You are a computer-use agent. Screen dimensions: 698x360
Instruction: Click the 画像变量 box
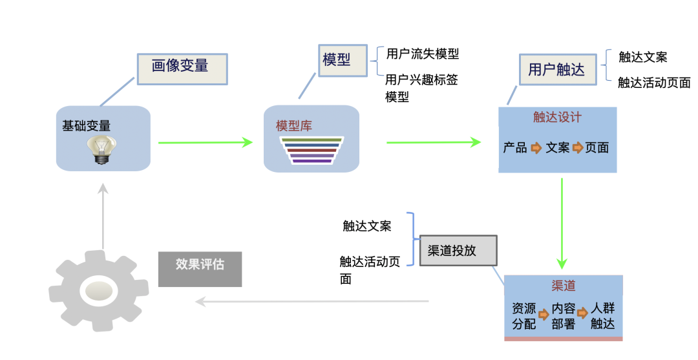(182, 69)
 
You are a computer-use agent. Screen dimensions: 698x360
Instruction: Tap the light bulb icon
(102, 150)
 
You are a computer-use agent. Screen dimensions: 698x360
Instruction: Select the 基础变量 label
(87, 126)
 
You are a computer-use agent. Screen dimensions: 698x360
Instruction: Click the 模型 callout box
(343, 61)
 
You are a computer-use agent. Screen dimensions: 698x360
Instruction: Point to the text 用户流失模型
(423, 54)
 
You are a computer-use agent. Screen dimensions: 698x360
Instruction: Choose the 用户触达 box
(558, 69)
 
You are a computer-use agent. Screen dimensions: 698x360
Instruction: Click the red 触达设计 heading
(557, 117)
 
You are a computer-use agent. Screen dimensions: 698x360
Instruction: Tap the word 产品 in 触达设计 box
(515, 147)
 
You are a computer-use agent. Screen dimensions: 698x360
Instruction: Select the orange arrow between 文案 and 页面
(577, 147)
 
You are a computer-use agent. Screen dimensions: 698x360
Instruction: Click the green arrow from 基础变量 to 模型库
(206, 142)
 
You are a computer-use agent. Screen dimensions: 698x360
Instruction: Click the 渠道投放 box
(458, 251)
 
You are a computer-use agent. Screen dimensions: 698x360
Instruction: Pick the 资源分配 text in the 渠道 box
(524, 316)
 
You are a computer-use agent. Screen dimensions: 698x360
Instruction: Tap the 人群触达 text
(603, 316)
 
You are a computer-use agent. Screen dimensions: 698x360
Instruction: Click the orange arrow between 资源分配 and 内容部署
(544, 315)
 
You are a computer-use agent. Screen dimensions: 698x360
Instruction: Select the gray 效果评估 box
(200, 270)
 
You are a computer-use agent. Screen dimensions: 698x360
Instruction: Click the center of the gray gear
(98, 291)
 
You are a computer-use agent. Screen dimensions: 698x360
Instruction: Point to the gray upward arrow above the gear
(103, 216)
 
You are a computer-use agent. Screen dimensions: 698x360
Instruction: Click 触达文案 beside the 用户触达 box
(643, 57)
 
